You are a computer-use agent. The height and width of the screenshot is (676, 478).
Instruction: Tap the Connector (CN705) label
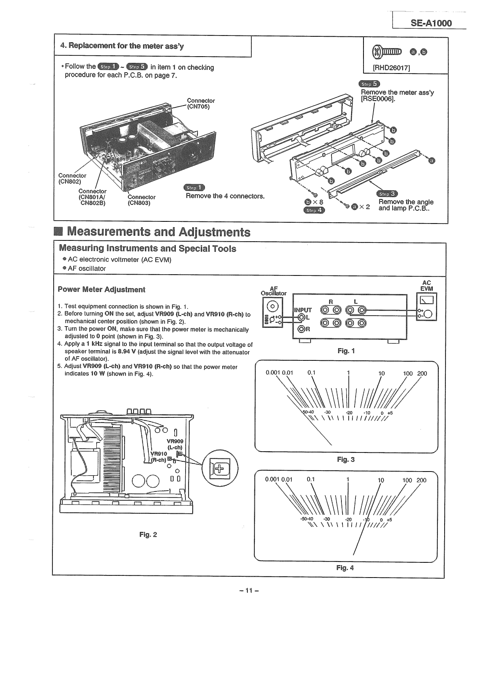201,104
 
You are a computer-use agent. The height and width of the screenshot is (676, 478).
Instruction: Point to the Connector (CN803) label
141,200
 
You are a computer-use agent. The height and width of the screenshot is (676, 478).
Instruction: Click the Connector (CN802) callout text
72,179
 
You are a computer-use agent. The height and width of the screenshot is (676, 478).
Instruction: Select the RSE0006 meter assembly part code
377,99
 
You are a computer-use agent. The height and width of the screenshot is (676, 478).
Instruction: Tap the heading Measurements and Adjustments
158,232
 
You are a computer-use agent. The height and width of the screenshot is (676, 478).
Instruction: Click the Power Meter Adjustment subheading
101,289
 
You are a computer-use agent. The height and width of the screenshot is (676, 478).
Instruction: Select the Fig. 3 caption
346,459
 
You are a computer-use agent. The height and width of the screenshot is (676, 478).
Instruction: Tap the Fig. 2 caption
148,534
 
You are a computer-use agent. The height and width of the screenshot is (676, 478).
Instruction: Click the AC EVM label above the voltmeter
426,286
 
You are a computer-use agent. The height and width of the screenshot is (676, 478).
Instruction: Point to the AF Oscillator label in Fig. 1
273,290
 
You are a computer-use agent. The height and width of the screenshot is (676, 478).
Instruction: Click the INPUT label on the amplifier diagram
303,310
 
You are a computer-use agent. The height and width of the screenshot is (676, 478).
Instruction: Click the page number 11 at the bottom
249,590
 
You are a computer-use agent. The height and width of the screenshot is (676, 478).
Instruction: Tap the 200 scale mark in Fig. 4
421,480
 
